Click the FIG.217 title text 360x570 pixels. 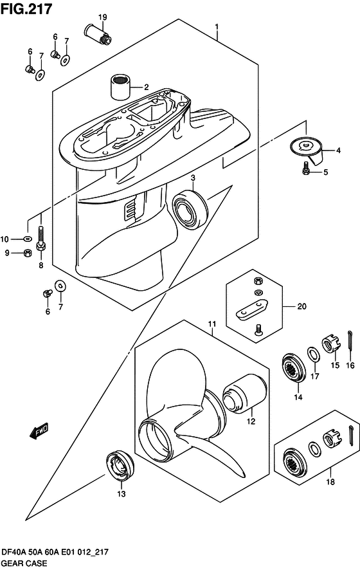(x=26, y=9)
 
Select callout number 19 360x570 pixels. (x=102, y=17)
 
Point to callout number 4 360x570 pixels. (x=338, y=150)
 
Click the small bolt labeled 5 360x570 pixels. (x=305, y=168)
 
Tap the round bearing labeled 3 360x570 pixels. (x=190, y=210)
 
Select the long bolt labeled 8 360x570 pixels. (x=40, y=239)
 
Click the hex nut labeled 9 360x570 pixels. (x=27, y=253)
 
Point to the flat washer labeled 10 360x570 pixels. (x=27, y=239)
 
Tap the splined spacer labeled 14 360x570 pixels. (x=294, y=367)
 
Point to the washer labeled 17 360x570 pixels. (x=314, y=354)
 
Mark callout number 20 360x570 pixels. (x=302, y=306)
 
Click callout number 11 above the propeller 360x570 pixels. (x=212, y=324)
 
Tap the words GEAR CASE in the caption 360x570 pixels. (x=24, y=563)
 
